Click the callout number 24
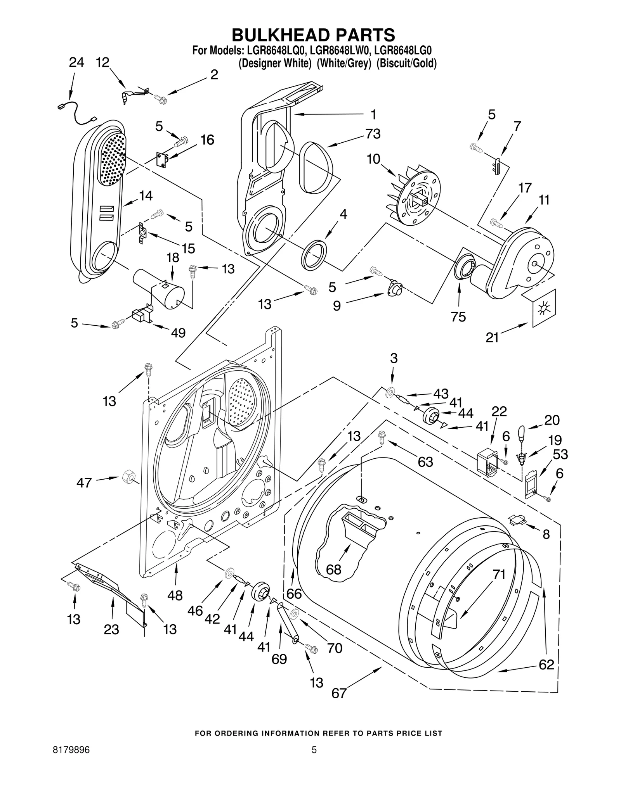coord(76,62)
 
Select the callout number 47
coord(84,483)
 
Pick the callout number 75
coord(458,317)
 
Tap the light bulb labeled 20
coord(522,432)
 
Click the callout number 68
coord(333,570)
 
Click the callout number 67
coord(339,693)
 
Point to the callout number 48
coord(175,595)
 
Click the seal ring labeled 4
coord(314,255)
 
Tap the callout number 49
coord(178,332)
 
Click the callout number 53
coord(560,454)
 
